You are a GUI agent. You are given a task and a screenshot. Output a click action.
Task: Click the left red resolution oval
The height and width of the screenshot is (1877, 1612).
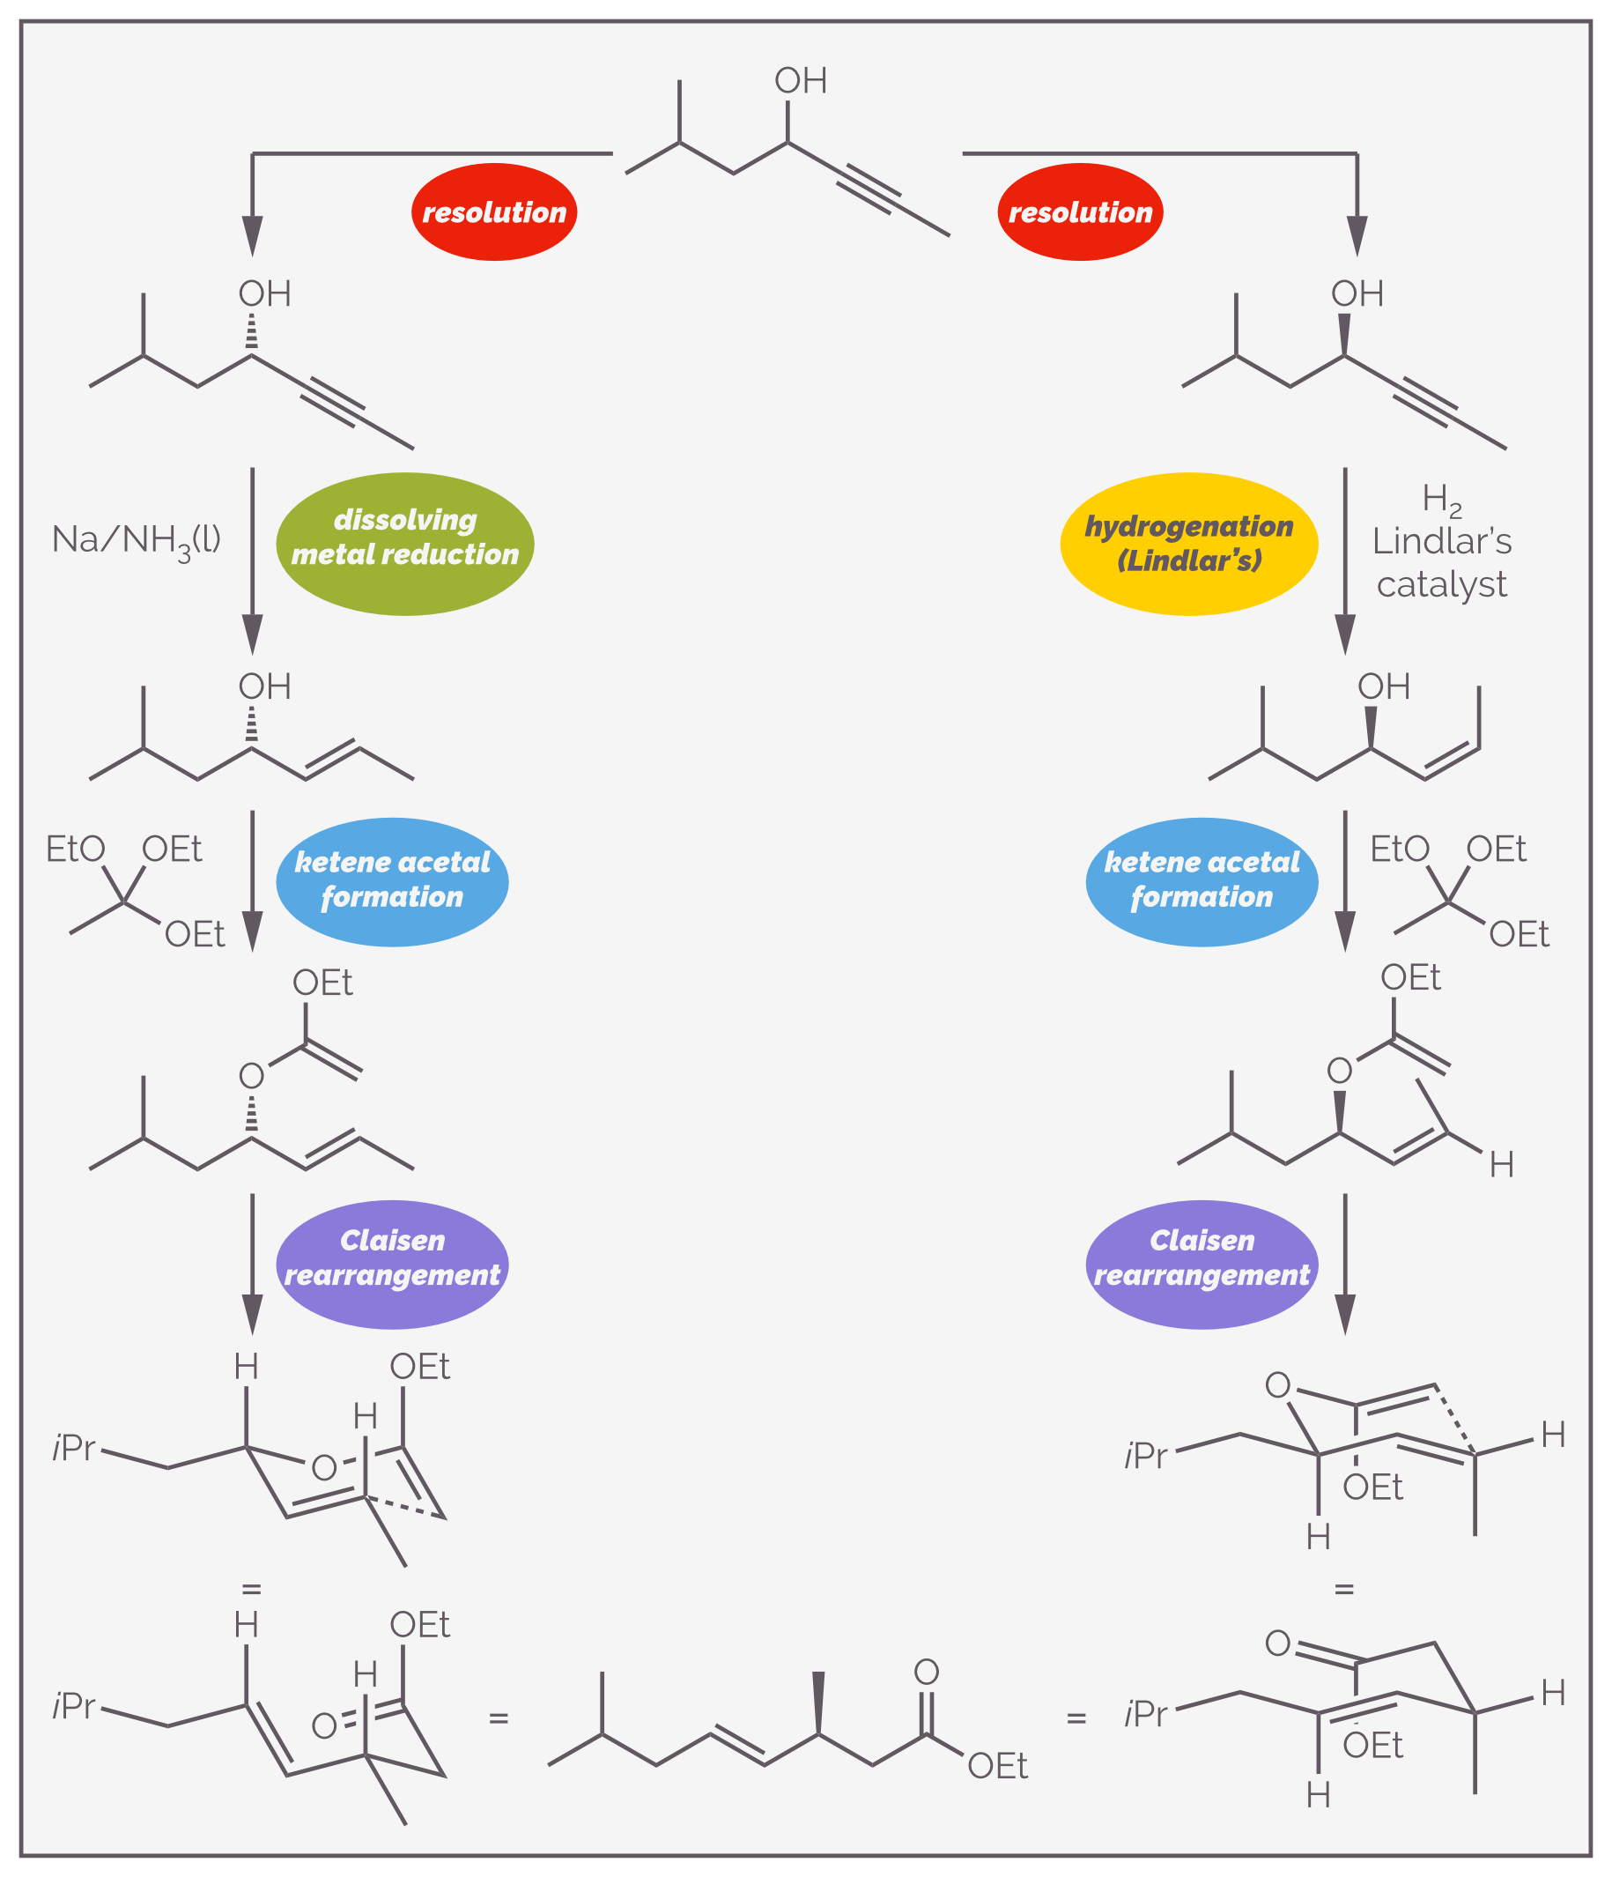click(x=494, y=212)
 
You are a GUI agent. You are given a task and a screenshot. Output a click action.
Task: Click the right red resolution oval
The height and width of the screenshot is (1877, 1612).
click(x=1081, y=212)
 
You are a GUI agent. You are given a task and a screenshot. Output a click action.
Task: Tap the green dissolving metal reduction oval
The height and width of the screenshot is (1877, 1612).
click(x=405, y=545)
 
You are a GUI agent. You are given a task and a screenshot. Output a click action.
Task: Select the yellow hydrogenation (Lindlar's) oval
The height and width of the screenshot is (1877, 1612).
click(x=1189, y=545)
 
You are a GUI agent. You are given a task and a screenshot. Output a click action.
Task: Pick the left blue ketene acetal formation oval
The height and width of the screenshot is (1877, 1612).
click(x=392, y=882)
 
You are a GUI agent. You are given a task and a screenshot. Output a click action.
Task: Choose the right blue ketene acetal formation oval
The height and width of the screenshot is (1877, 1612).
click(x=1202, y=882)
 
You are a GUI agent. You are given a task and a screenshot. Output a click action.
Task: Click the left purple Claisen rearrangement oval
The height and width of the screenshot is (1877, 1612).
click(x=392, y=1265)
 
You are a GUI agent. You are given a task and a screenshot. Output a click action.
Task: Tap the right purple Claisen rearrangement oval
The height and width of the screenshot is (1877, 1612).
click(x=1202, y=1265)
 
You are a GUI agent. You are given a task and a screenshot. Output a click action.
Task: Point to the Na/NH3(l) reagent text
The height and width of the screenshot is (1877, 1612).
click(x=137, y=541)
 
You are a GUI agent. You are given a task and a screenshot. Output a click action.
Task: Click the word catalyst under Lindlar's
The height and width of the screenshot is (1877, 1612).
click(x=1442, y=585)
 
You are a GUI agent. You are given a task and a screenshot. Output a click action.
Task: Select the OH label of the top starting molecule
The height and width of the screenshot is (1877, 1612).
click(x=801, y=80)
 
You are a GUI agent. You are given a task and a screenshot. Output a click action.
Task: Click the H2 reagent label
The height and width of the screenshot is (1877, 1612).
click(x=1442, y=500)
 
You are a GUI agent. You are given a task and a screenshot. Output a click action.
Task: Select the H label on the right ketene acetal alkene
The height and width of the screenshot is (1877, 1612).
click(x=1502, y=1165)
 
